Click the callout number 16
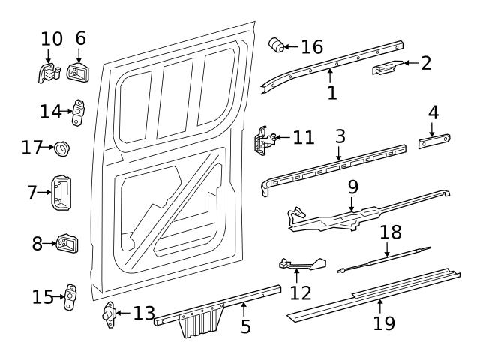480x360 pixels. (x=312, y=47)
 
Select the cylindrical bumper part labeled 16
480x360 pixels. (x=277, y=46)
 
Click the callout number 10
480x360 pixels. (x=52, y=37)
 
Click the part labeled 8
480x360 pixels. (x=68, y=244)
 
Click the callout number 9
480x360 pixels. (x=352, y=184)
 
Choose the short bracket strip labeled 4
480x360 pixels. (x=433, y=140)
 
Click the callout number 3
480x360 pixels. (x=340, y=136)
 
